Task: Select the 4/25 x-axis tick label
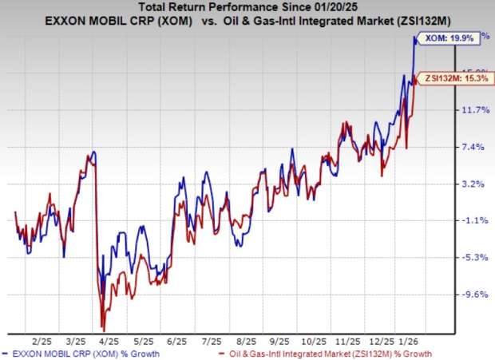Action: [x=108, y=339]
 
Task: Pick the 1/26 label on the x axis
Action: [x=410, y=339]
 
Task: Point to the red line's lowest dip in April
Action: [x=102, y=329]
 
